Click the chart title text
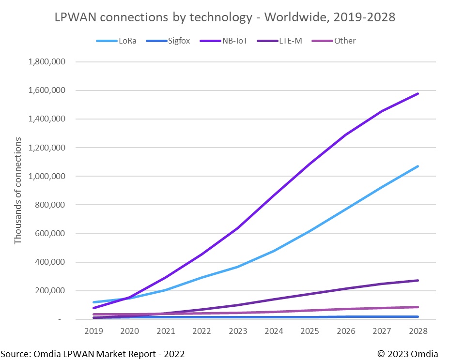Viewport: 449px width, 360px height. point(224,17)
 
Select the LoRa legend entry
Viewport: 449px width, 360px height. point(117,41)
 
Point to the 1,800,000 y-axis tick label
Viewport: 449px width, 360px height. point(47,62)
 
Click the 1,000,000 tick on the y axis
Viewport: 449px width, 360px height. point(47,177)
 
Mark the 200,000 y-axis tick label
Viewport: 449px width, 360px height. point(51,291)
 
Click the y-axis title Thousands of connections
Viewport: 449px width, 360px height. point(18,191)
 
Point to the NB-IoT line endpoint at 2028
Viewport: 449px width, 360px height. point(418,93)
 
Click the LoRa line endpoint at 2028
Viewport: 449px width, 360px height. point(418,166)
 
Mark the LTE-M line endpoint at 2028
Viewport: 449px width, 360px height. point(418,280)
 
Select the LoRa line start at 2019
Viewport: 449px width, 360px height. point(93,302)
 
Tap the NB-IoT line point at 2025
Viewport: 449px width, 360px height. point(310,164)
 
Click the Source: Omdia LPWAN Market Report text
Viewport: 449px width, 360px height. point(93,354)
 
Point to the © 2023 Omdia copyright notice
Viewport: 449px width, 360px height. point(408,354)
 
